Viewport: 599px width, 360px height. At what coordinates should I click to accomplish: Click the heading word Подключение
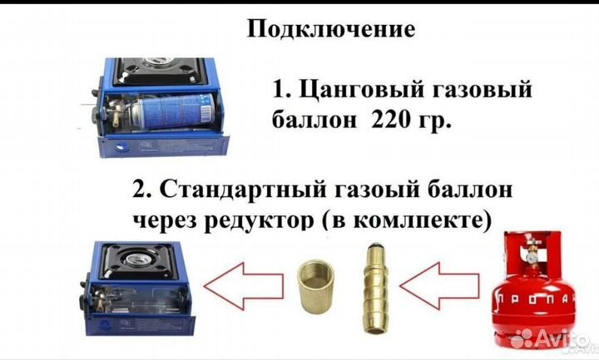point(331,30)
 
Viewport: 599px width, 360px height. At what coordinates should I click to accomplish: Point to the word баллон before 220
point(313,121)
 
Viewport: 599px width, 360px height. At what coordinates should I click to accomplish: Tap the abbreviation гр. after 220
point(436,122)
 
